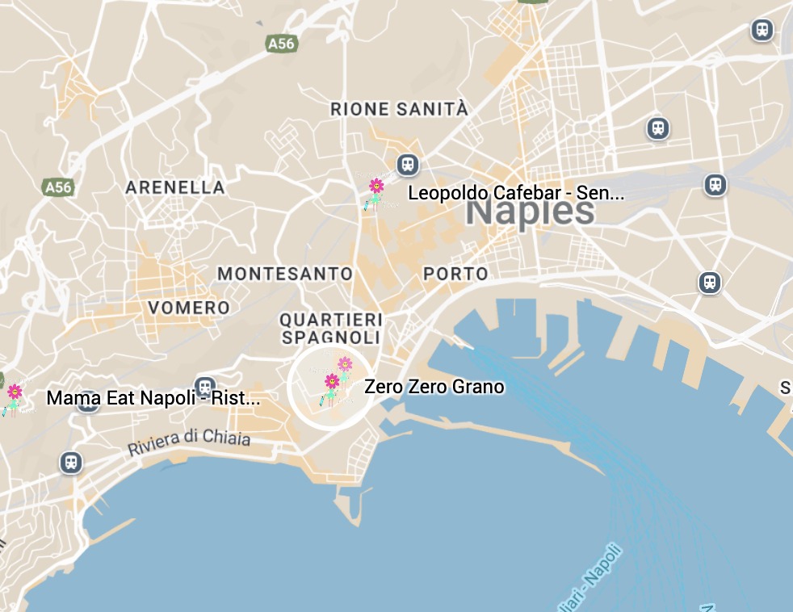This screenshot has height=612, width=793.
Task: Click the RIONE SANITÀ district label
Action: point(399,109)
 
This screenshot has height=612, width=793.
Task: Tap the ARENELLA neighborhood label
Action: point(174,187)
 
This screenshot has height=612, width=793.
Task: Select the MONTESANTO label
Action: point(285,274)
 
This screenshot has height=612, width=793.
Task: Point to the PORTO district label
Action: point(455,274)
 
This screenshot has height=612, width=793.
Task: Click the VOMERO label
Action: point(189,308)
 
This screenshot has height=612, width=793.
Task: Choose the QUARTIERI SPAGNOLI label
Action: point(331,327)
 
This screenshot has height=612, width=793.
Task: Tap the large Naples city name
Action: point(530,212)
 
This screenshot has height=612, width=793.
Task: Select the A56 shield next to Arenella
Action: point(58,187)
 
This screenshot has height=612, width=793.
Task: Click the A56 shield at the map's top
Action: point(281,44)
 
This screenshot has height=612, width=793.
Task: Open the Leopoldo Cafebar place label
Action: point(516,194)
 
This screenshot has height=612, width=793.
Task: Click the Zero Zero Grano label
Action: point(434,387)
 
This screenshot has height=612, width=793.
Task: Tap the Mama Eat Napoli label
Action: point(153,398)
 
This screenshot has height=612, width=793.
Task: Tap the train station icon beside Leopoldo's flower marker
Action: point(408,166)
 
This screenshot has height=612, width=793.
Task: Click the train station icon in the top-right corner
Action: point(762,31)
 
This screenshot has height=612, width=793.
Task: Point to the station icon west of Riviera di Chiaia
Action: point(71,463)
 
